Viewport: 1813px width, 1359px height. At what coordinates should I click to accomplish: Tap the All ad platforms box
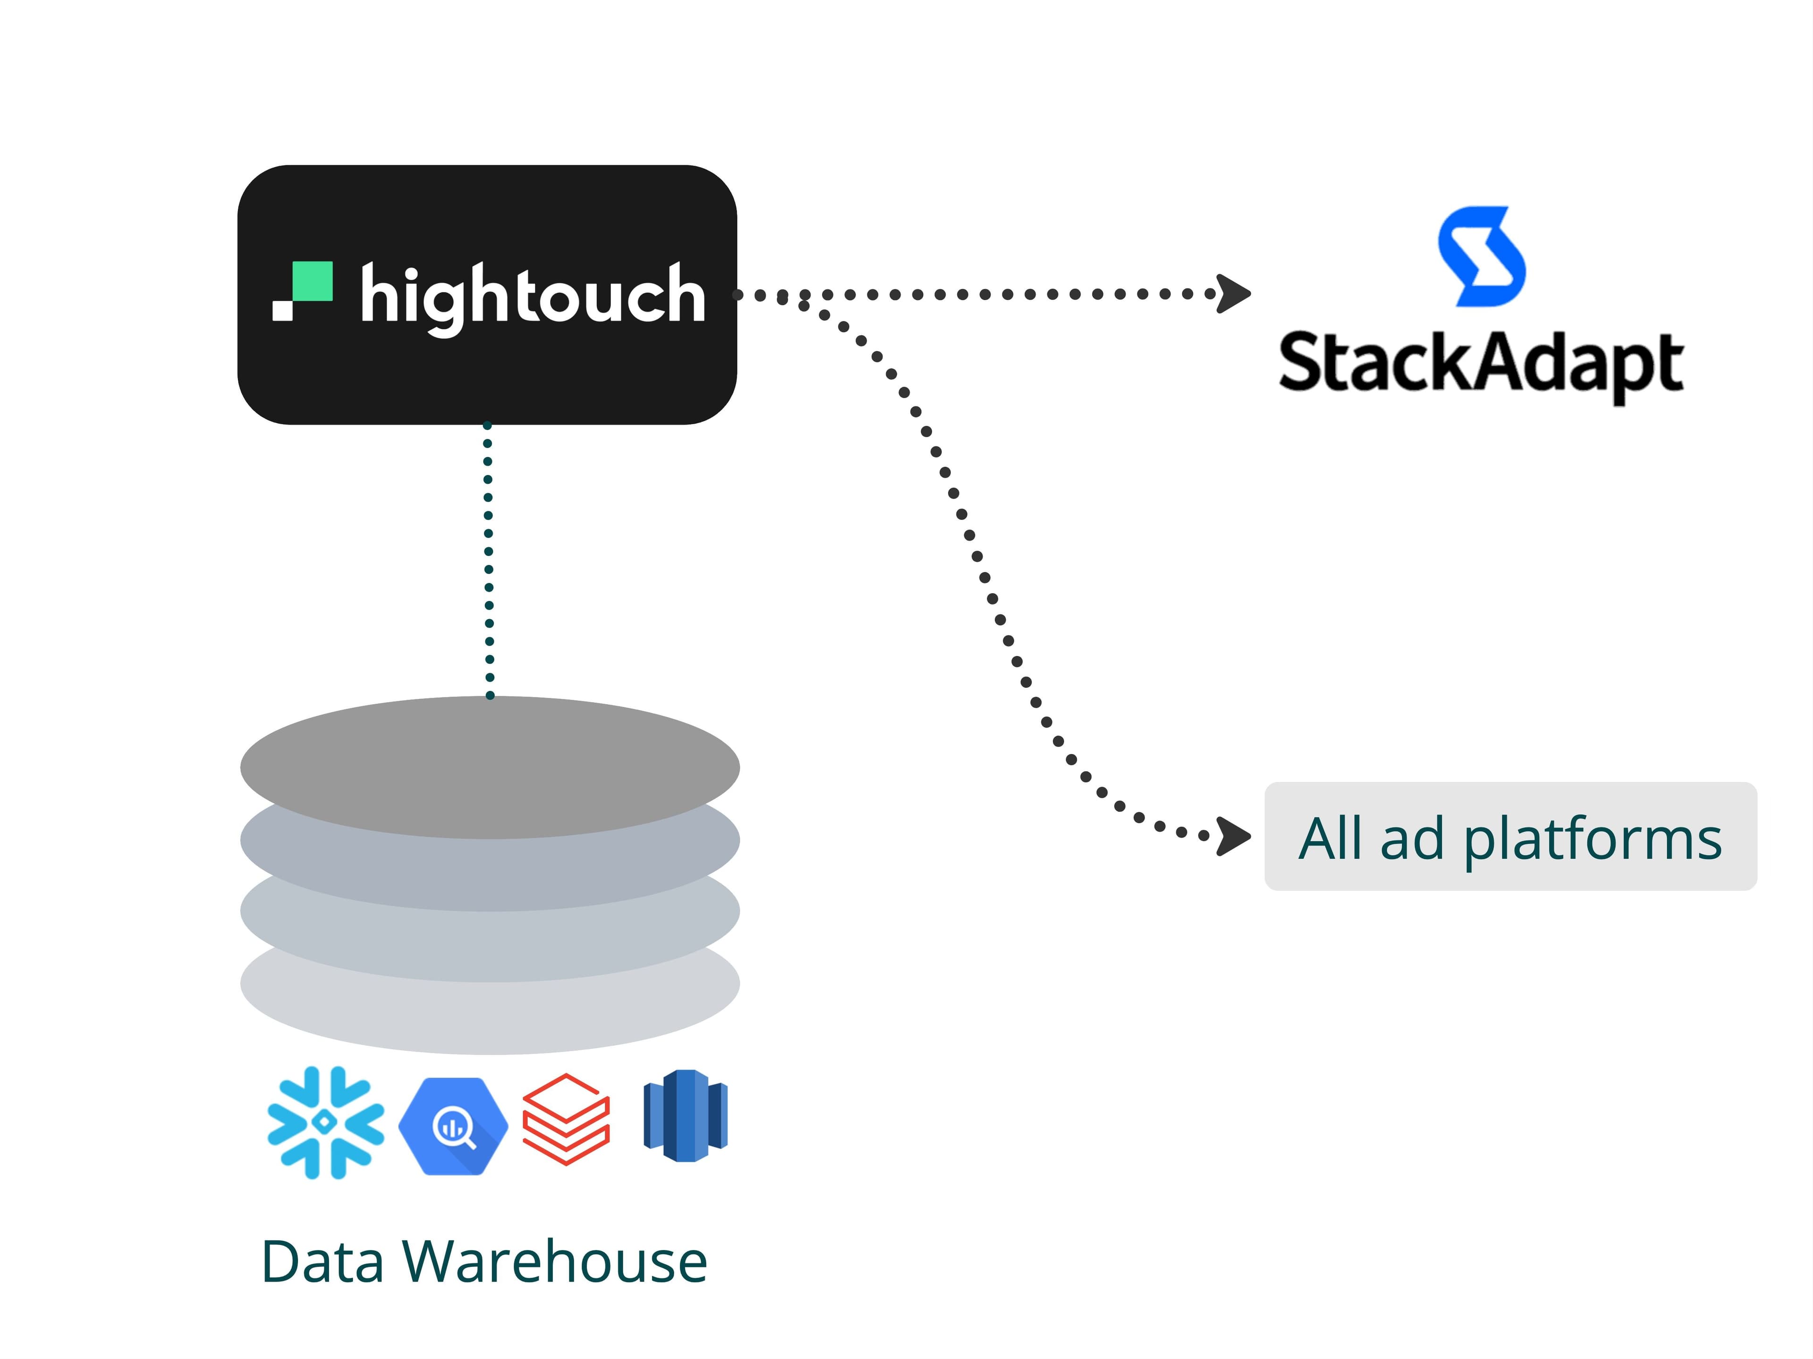[1510, 836]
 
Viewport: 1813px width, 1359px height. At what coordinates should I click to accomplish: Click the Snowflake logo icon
[325, 1122]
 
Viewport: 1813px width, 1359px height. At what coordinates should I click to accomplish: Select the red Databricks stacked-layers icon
[567, 1119]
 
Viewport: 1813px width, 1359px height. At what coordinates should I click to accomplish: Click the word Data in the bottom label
[322, 1262]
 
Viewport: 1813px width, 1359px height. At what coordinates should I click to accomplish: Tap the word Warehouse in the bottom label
[554, 1262]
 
